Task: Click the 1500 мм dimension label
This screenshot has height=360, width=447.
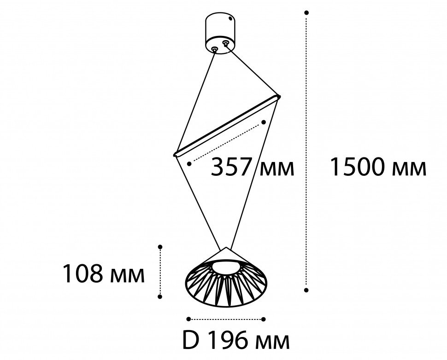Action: coord(378,168)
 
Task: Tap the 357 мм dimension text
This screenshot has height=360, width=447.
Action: coord(252,167)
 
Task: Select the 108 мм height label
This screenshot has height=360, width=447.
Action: coord(104,274)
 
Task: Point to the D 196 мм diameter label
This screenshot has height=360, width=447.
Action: coord(236,341)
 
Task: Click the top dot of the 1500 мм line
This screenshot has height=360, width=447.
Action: coord(306,12)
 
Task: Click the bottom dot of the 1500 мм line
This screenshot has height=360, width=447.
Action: coord(306,290)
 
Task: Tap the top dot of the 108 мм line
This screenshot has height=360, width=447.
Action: coord(160,247)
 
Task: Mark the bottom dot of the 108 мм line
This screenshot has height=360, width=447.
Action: coord(160,297)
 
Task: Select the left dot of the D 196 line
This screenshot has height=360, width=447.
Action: coord(188,319)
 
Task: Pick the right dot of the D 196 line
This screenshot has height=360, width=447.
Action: coord(264,319)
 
